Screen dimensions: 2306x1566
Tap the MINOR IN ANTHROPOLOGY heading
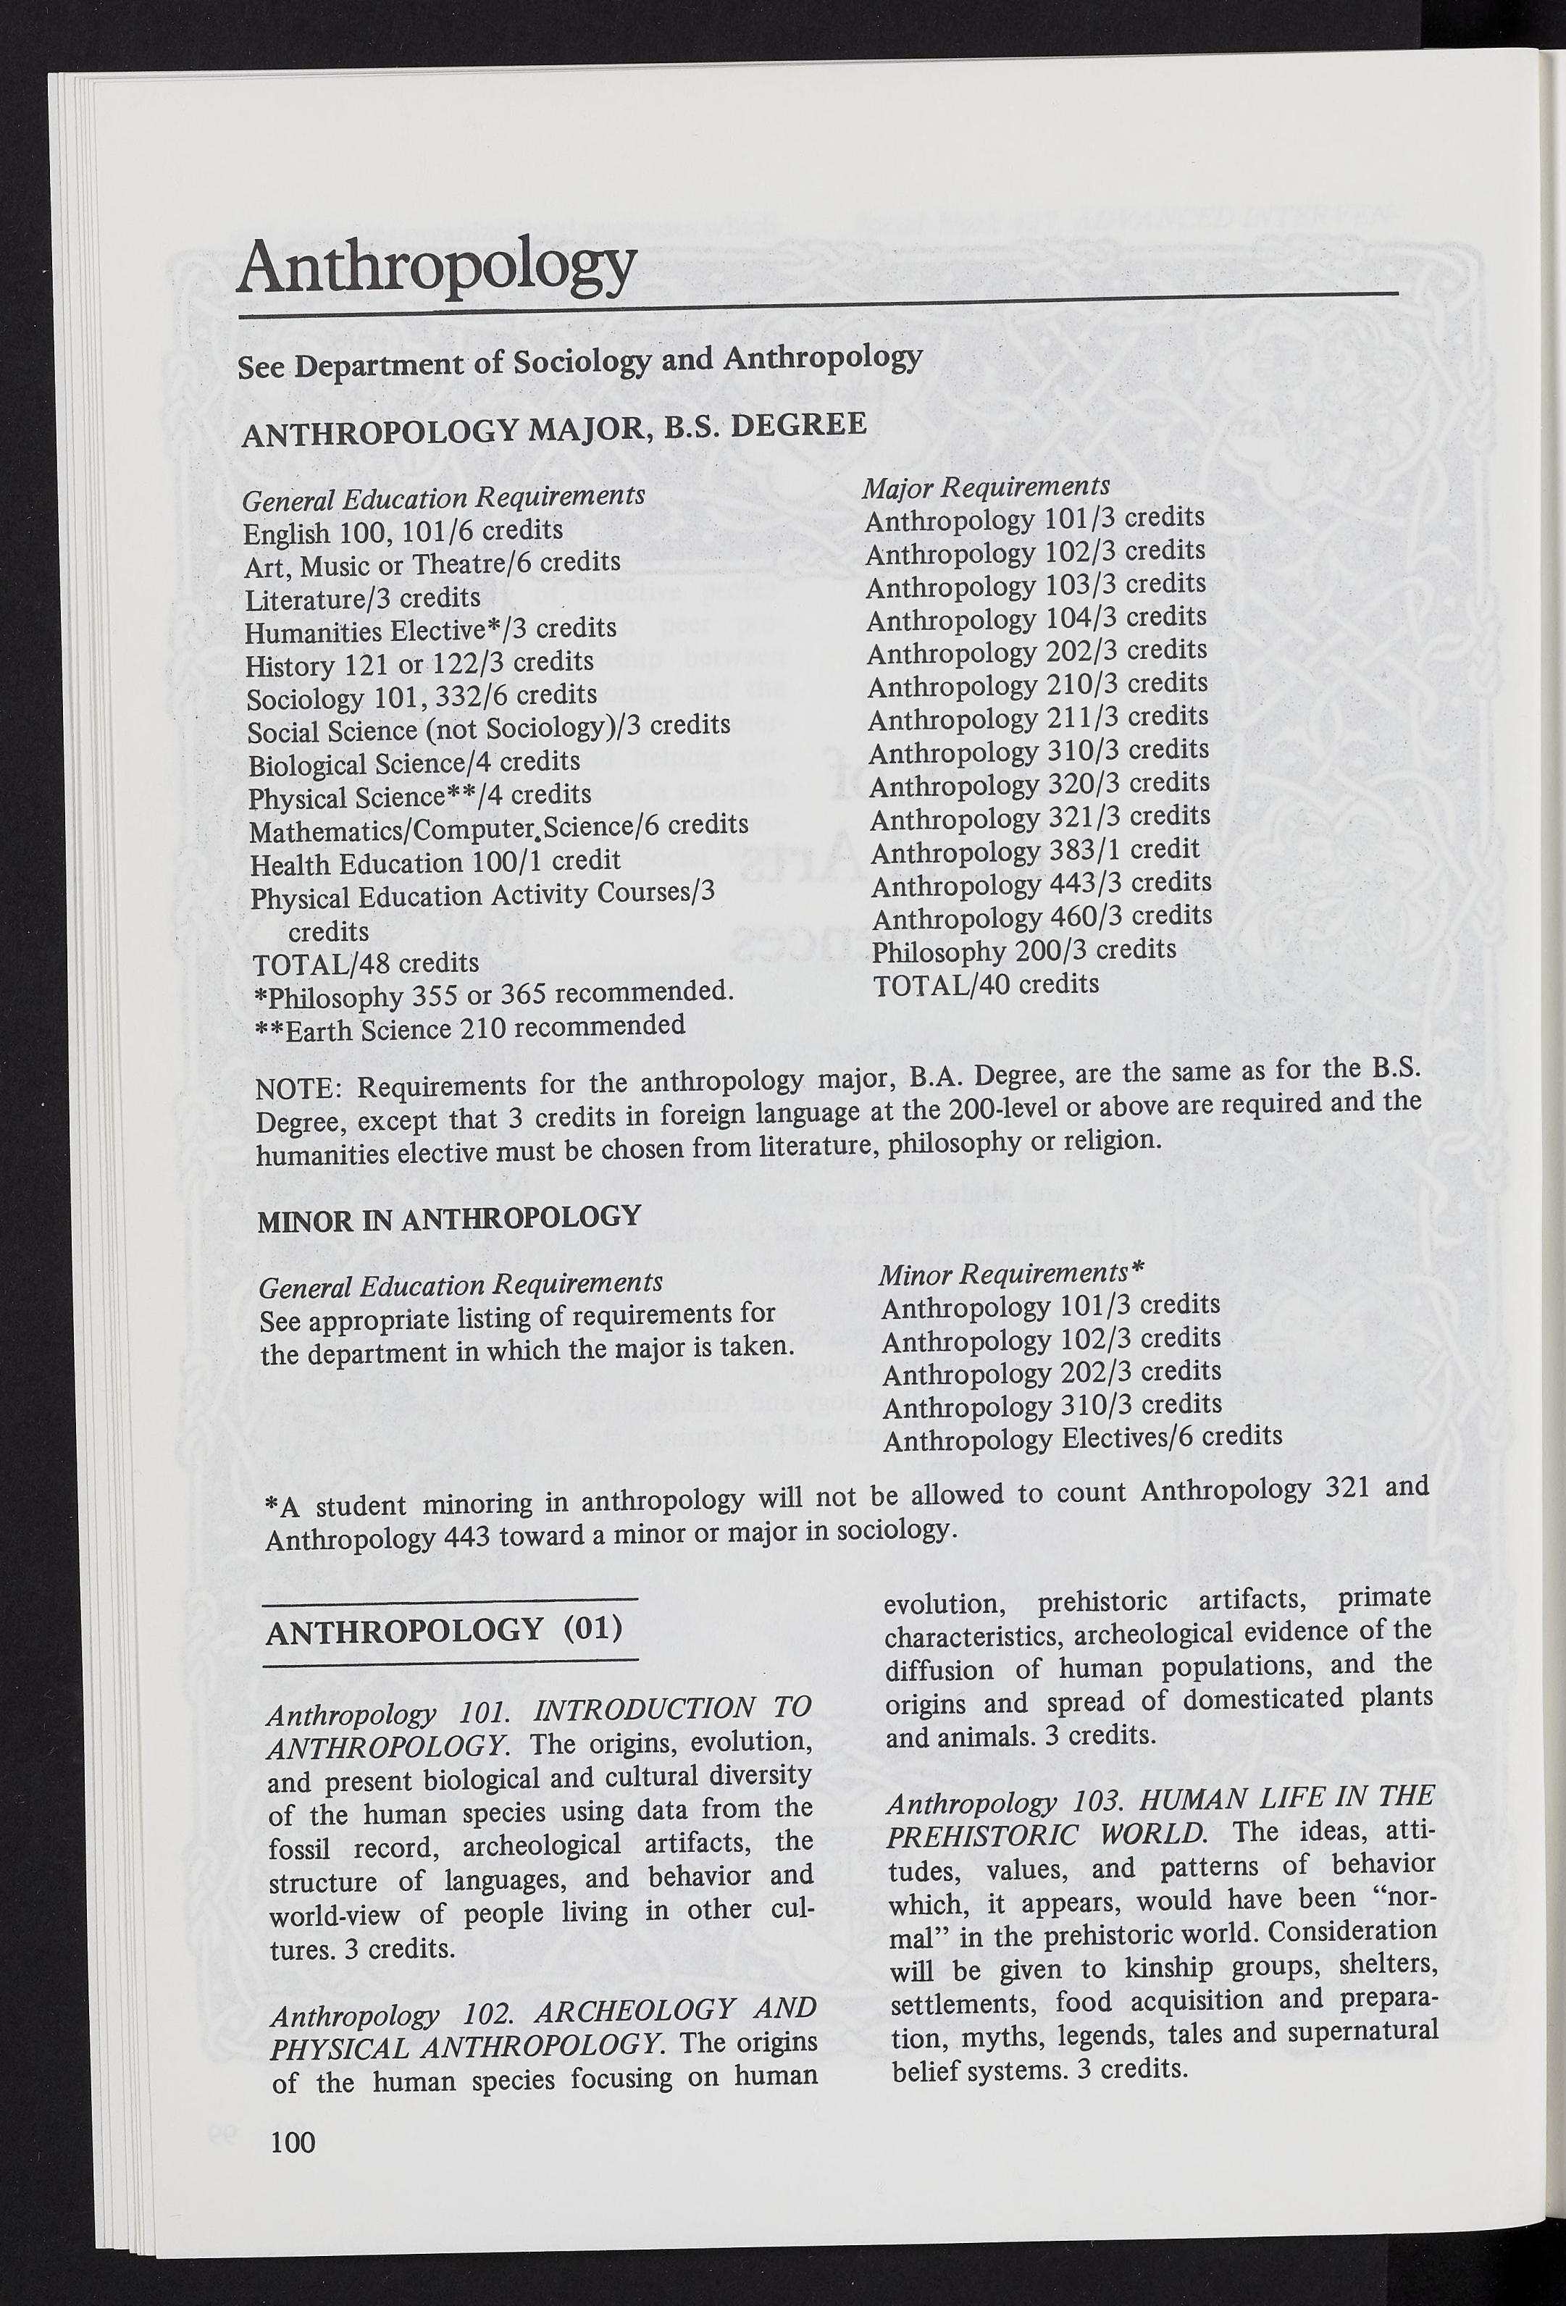[x=448, y=1217]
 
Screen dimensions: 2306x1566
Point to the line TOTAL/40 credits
[x=985, y=985]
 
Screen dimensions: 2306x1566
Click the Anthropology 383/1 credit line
[x=1035, y=850]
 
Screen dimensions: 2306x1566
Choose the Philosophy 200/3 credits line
[x=1023, y=951]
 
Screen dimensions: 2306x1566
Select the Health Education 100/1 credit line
[x=435, y=861]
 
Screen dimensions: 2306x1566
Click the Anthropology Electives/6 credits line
[x=1081, y=1438]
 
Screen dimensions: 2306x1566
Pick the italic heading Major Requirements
[x=985, y=486]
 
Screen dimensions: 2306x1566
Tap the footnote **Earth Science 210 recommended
[x=470, y=1027]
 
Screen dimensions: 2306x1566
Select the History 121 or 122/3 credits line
[x=420, y=663]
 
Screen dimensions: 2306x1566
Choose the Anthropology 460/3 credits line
[x=1040, y=917]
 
